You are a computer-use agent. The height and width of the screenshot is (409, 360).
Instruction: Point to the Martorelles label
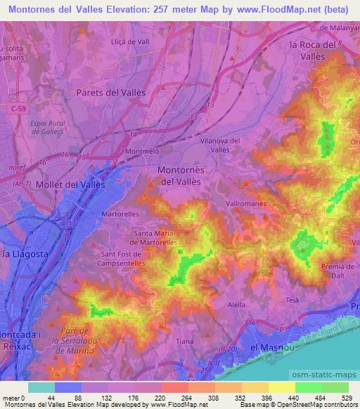click(120, 213)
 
